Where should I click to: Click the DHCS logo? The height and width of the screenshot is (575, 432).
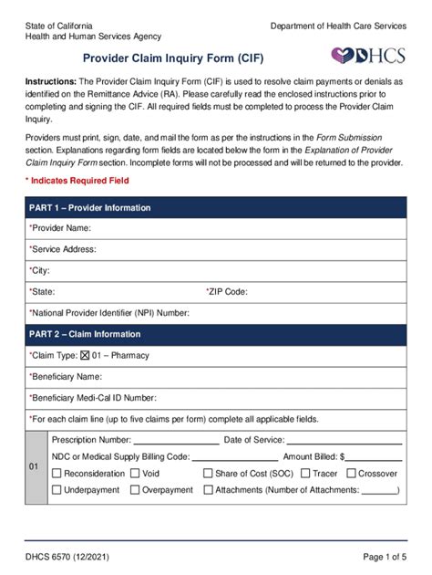(x=368, y=56)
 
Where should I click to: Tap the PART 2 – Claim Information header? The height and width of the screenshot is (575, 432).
(x=85, y=334)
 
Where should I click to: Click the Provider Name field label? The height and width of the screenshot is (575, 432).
(x=60, y=228)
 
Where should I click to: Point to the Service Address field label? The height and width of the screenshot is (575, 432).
(x=63, y=249)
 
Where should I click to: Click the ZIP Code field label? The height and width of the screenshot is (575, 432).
(x=227, y=292)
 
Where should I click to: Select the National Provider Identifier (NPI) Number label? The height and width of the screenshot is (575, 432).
(x=109, y=313)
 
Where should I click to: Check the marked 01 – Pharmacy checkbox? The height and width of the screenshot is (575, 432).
(x=86, y=355)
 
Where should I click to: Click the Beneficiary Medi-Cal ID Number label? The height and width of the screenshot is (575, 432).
(x=93, y=398)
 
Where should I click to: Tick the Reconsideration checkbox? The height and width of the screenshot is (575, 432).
(x=57, y=474)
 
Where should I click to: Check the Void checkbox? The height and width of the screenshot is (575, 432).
(x=135, y=474)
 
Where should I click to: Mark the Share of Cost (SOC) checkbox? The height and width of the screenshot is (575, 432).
(x=208, y=474)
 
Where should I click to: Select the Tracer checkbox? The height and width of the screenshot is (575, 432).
(x=305, y=474)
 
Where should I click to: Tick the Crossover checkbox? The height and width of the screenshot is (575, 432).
(x=351, y=474)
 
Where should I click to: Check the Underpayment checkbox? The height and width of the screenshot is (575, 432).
(x=57, y=490)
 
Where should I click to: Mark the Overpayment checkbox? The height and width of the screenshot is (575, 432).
(x=135, y=490)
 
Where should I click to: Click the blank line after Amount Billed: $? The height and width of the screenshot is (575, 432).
(x=374, y=457)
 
